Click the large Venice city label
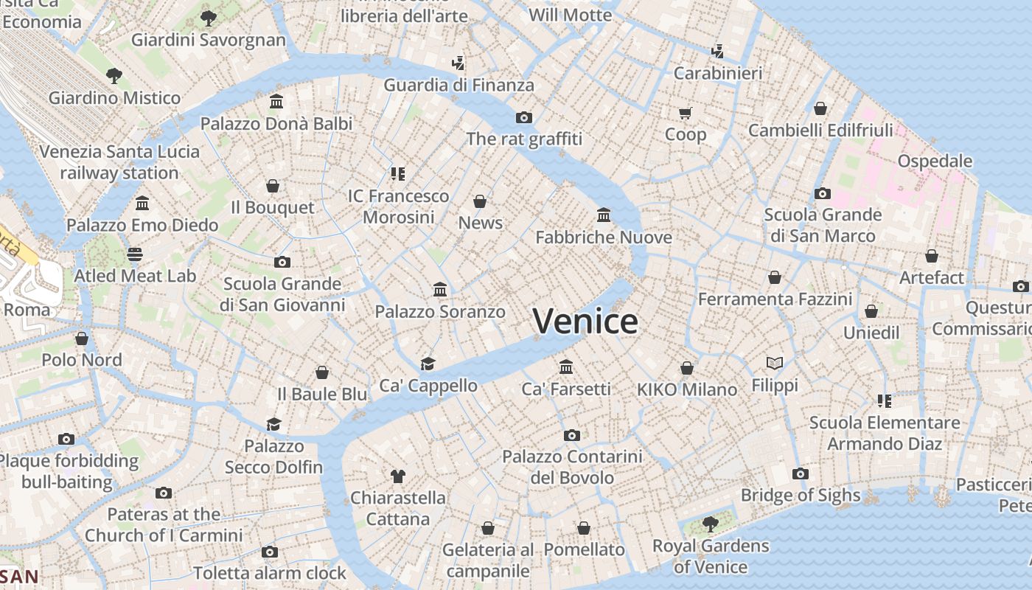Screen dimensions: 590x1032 pos(585,322)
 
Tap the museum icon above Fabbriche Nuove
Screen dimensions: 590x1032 pos(604,215)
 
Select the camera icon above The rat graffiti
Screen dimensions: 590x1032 pos(524,117)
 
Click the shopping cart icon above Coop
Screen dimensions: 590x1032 pos(686,113)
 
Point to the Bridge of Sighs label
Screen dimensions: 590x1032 pos(801,495)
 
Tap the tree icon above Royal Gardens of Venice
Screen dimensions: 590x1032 pos(710,524)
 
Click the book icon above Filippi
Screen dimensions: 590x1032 pos(774,363)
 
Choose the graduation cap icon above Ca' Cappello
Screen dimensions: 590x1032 pos(428,363)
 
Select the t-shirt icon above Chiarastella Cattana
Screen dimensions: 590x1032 pos(397,476)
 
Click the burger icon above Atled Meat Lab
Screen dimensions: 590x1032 pos(135,254)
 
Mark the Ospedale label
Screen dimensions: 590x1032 pos(935,161)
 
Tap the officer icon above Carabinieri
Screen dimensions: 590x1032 pos(717,51)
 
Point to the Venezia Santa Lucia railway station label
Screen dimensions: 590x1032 pos(119,162)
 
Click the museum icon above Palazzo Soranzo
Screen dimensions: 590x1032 pos(440,289)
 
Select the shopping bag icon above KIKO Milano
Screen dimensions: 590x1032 pos(687,367)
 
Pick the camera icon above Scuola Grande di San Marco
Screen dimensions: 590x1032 pos(823,194)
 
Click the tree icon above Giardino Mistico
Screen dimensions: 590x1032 pos(114,74)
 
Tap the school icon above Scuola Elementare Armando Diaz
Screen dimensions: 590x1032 pos(885,400)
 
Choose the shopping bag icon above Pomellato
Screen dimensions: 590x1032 pos(584,528)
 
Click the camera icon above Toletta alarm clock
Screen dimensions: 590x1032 pos(270,552)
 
